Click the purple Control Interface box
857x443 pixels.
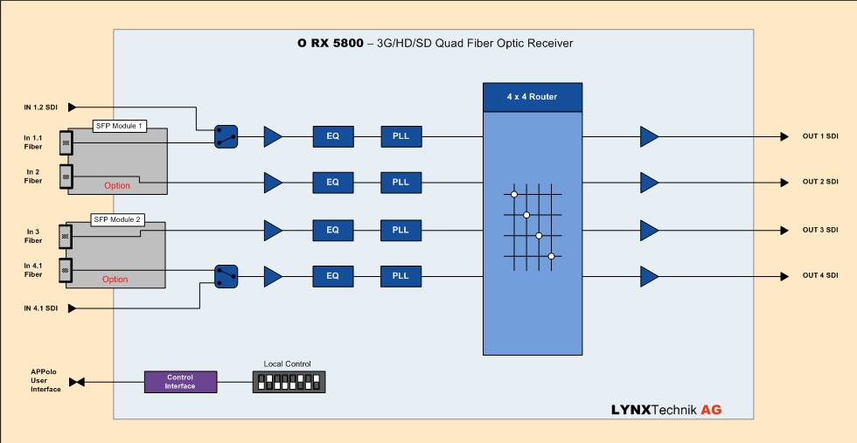point(180,382)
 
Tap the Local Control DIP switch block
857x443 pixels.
point(289,382)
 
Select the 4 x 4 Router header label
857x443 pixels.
point(532,97)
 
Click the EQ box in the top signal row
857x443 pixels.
point(332,136)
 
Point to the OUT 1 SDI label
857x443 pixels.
point(819,136)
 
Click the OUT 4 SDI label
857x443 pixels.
point(819,276)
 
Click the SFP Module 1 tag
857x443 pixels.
point(120,127)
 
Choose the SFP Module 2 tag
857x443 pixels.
point(116,219)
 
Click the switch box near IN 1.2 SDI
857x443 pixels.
point(226,135)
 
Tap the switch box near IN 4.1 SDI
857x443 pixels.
point(226,276)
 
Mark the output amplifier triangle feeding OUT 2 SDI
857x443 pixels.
point(649,183)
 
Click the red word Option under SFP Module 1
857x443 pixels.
point(117,185)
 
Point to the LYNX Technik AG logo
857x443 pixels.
point(666,409)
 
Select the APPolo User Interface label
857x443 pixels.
point(45,381)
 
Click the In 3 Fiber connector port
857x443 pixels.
point(66,236)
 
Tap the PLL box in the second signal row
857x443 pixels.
point(401,183)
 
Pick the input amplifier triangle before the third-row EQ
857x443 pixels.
point(273,231)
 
